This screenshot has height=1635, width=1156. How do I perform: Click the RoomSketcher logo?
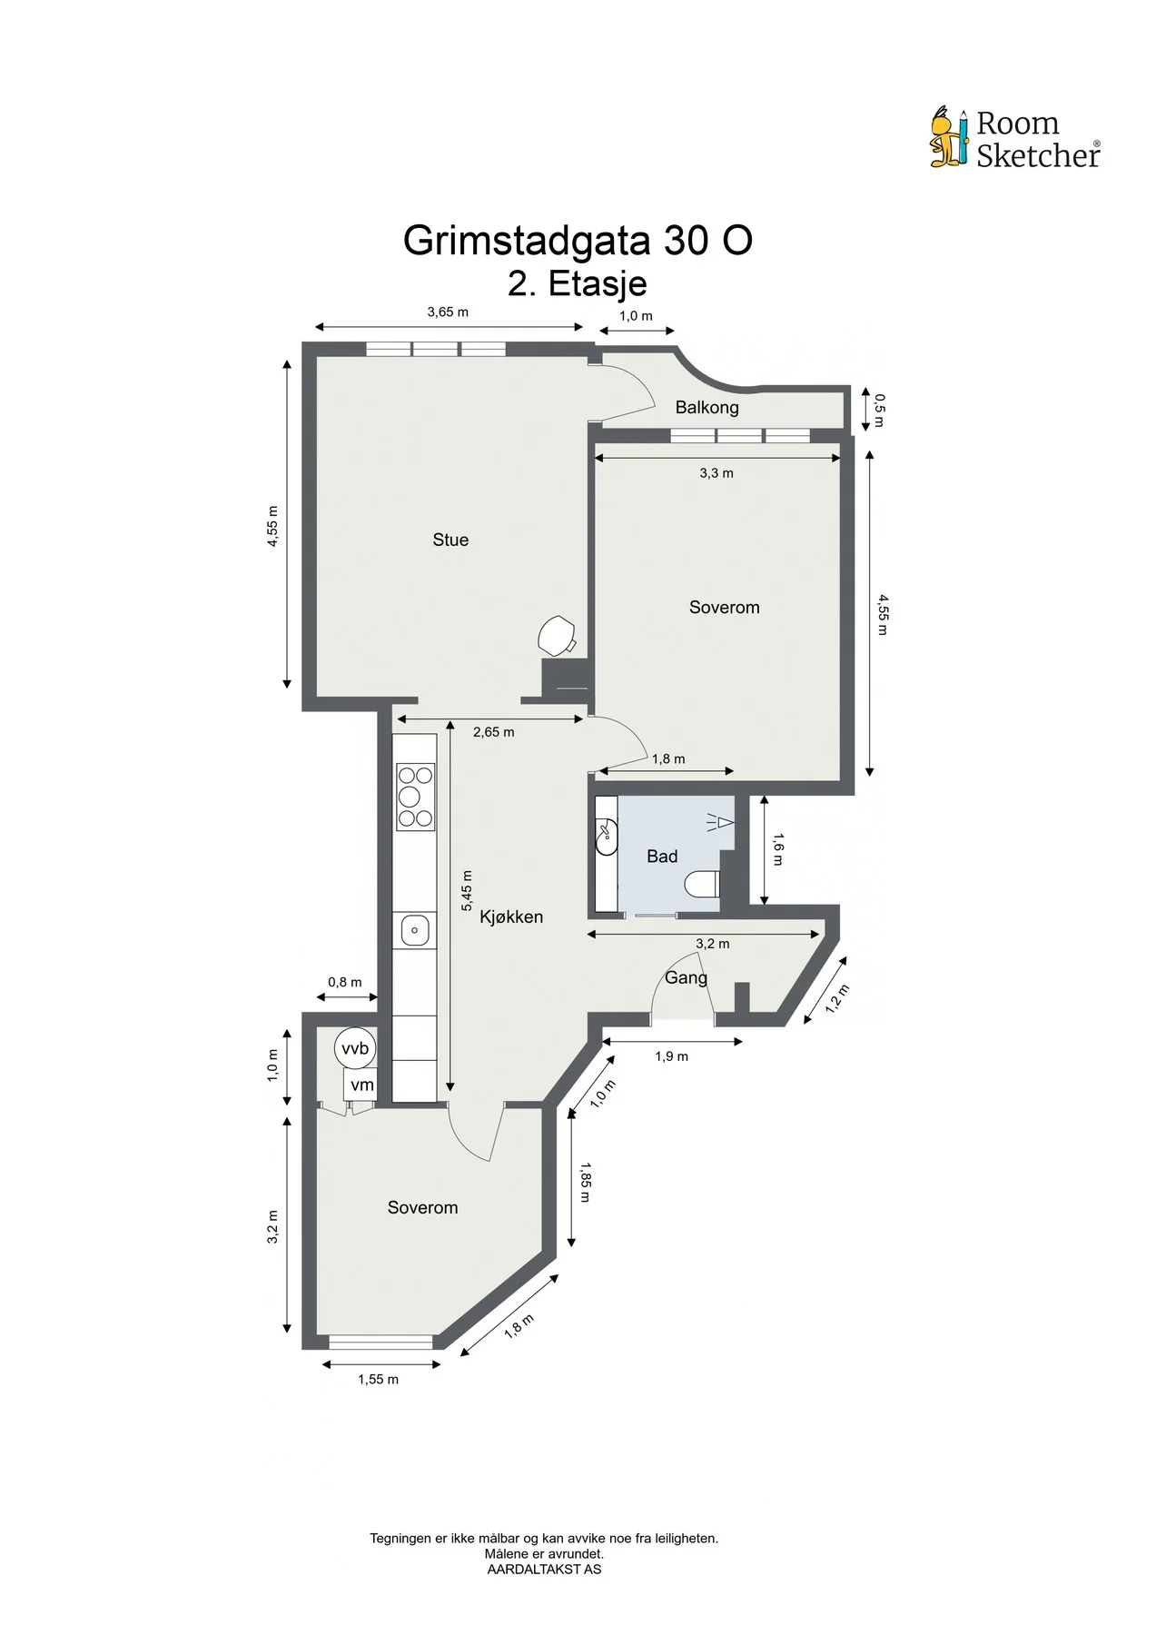pyautogui.click(x=1014, y=138)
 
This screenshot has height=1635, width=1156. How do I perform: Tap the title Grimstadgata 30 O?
pyautogui.click(x=578, y=241)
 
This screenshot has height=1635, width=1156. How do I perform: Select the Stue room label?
pyautogui.click(x=450, y=540)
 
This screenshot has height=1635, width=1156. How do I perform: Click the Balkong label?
pyautogui.click(x=706, y=407)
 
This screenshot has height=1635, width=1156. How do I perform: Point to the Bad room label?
pyautogui.click(x=662, y=856)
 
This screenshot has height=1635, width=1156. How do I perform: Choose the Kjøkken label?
pyautogui.click(x=511, y=917)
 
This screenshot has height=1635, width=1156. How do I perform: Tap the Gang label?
pyautogui.click(x=686, y=978)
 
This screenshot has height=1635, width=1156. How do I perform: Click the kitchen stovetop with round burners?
pyautogui.click(x=414, y=797)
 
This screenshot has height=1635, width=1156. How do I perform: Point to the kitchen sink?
pyautogui.click(x=414, y=930)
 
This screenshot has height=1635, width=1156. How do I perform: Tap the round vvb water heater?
pyautogui.click(x=354, y=1048)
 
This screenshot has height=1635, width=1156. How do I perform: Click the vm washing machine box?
pyautogui.click(x=361, y=1085)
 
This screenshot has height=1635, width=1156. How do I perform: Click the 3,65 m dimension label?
pyautogui.click(x=448, y=312)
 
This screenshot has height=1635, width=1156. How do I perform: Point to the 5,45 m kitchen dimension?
pyautogui.click(x=467, y=891)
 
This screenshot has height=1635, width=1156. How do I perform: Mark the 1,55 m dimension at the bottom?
pyautogui.click(x=378, y=1379)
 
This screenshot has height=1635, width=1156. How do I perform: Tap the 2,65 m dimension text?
pyautogui.click(x=493, y=732)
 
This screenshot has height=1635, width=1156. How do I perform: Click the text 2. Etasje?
pyautogui.click(x=578, y=283)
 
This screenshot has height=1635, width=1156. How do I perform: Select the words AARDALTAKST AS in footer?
pyautogui.click(x=544, y=1569)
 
